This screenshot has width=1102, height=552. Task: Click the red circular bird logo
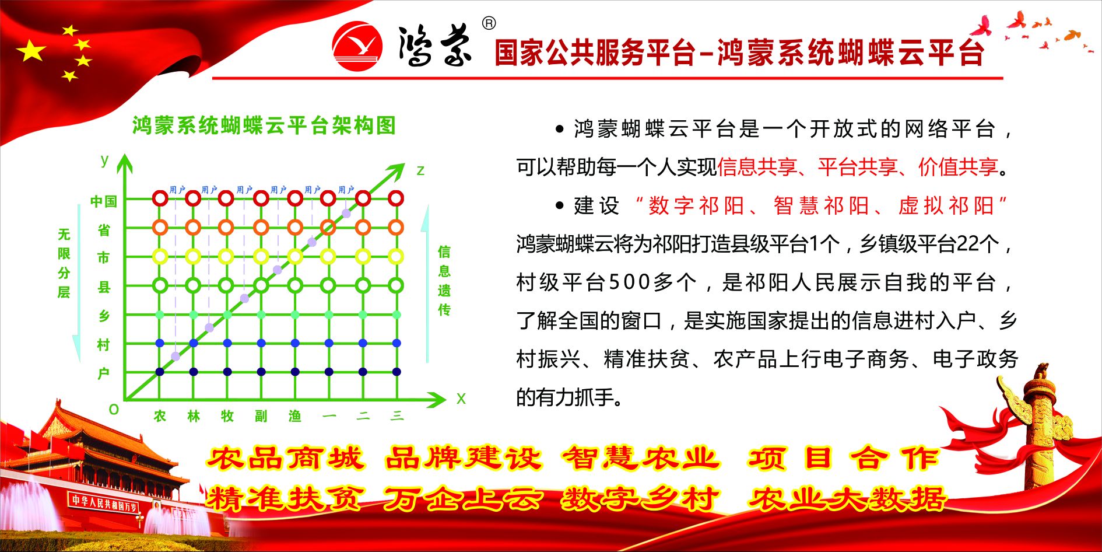tap(357, 47)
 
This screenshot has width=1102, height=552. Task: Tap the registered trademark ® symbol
tap(489, 23)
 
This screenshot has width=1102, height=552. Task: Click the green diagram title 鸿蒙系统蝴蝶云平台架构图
tap(264, 125)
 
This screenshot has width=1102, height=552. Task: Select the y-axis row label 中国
tap(104, 202)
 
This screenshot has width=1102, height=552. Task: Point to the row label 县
tap(104, 287)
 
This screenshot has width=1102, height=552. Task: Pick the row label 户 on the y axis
tap(104, 373)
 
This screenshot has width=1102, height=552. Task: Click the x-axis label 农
tap(160, 416)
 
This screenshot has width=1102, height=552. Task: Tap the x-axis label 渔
tap(295, 416)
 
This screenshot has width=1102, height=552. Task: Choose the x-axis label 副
tap(261, 416)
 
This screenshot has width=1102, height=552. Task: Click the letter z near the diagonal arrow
tap(420, 170)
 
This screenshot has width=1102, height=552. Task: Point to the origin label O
tap(114, 410)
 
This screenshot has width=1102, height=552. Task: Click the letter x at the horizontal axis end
tap(461, 399)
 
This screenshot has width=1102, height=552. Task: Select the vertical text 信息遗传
tap(444, 281)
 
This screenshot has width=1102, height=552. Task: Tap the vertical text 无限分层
tap(64, 263)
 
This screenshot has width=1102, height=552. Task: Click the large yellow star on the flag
tap(31, 51)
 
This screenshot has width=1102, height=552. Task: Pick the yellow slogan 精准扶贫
tap(284, 499)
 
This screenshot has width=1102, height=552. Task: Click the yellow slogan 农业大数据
tap(847, 499)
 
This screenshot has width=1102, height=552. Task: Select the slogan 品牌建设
tap(464, 459)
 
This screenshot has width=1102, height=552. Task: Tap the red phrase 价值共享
tap(959, 167)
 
